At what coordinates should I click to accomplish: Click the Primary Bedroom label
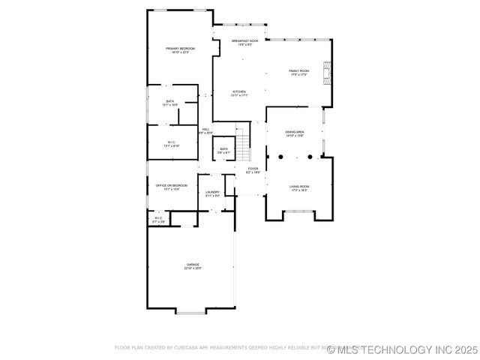click(180, 50)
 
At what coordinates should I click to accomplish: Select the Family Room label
click(299, 73)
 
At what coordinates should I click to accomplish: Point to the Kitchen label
click(238, 94)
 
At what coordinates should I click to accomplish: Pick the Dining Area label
click(294, 133)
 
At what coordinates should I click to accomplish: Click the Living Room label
click(299, 188)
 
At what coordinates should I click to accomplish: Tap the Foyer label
click(253, 170)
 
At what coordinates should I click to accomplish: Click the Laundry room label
click(213, 193)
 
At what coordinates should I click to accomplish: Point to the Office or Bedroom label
click(172, 187)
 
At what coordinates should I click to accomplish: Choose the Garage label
click(193, 266)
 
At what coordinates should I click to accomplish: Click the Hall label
click(205, 130)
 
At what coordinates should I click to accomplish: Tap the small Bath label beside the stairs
click(223, 150)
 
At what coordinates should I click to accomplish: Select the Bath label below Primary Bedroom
click(170, 103)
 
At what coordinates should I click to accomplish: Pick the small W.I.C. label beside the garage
click(158, 220)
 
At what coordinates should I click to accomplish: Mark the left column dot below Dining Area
click(279, 157)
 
